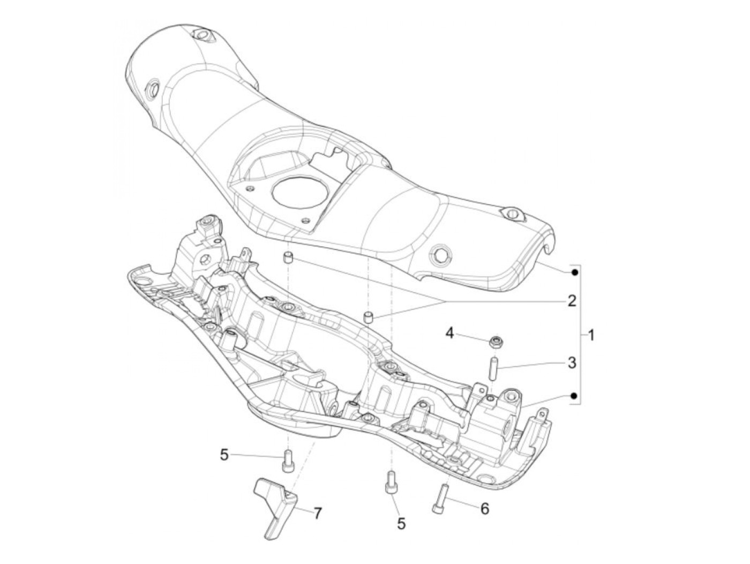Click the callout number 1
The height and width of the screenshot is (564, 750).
tap(591, 336)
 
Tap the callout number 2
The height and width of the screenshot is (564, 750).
tap(572, 301)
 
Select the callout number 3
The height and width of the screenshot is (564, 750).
tap(572, 363)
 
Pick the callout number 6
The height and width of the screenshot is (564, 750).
tap(484, 508)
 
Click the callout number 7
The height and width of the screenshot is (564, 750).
tap(318, 514)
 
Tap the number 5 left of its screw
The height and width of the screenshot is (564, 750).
tap(224, 455)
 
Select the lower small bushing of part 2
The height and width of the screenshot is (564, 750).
tap(368, 317)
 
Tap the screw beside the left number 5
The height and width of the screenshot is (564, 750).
tap(288, 462)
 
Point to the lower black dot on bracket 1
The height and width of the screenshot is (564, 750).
tap(574, 396)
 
